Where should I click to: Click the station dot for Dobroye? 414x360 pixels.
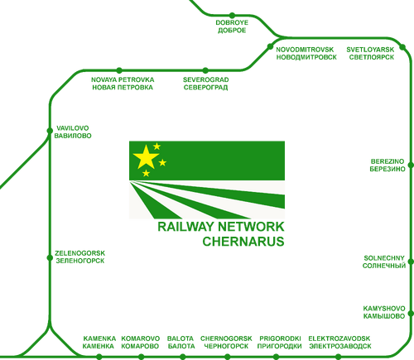pos(233,15)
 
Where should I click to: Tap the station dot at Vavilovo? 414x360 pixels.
pos(50,131)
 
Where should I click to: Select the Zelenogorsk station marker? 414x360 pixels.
pos(50,257)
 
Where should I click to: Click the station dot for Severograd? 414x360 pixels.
pos(205,70)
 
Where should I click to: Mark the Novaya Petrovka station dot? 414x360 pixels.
pos(119,70)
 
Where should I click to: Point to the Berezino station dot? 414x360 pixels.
pos(411,165)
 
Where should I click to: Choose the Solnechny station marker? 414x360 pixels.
pos(411,262)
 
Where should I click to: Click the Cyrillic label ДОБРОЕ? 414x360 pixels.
pos(232,31)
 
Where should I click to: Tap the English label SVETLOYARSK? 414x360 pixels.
pos(370,50)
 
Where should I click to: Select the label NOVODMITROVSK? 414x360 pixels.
pos(305,50)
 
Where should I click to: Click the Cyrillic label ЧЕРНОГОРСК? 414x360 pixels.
pos(226,346)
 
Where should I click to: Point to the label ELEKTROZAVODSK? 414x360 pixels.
pos(339,338)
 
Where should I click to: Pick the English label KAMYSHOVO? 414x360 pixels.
pos(384,309)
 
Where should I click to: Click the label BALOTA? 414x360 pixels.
pos(181,338)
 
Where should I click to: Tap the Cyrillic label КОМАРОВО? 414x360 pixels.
pos(140,346)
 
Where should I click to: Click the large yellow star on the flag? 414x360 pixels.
pos(146,157)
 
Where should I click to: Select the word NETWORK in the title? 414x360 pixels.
pos(251,227)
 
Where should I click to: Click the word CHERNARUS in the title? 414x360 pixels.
pos(243,242)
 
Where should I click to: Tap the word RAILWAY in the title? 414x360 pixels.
pos(185,227)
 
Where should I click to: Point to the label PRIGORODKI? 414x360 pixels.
pos(280,338)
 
